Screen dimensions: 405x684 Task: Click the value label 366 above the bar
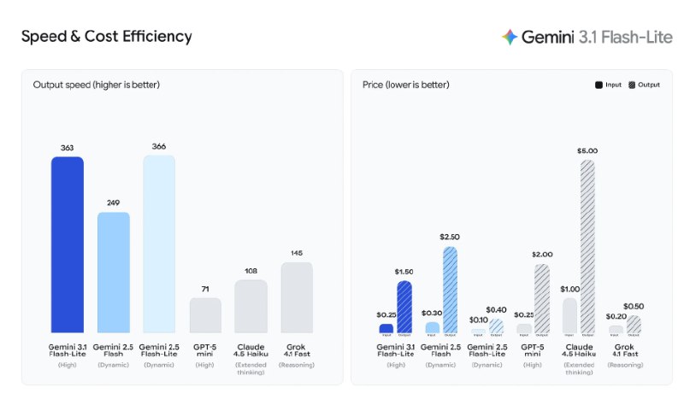(159, 146)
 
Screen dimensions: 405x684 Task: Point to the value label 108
(251, 271)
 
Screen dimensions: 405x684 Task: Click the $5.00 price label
(587, 150)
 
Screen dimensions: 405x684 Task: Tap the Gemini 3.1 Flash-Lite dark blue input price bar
(386, 328)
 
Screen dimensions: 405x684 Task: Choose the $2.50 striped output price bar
(450, 290)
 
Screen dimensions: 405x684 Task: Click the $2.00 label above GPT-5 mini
(542, 254)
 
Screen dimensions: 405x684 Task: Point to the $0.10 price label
(478, 320)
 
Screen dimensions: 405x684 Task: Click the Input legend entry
(609, 85)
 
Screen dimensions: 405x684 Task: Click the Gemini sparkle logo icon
(510, 37)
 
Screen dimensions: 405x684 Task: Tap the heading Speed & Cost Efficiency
(106, 37)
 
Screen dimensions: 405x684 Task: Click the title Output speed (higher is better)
(97, 85)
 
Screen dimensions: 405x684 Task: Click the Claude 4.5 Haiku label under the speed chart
(251, 349)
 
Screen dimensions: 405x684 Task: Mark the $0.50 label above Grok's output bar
(634, 306)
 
